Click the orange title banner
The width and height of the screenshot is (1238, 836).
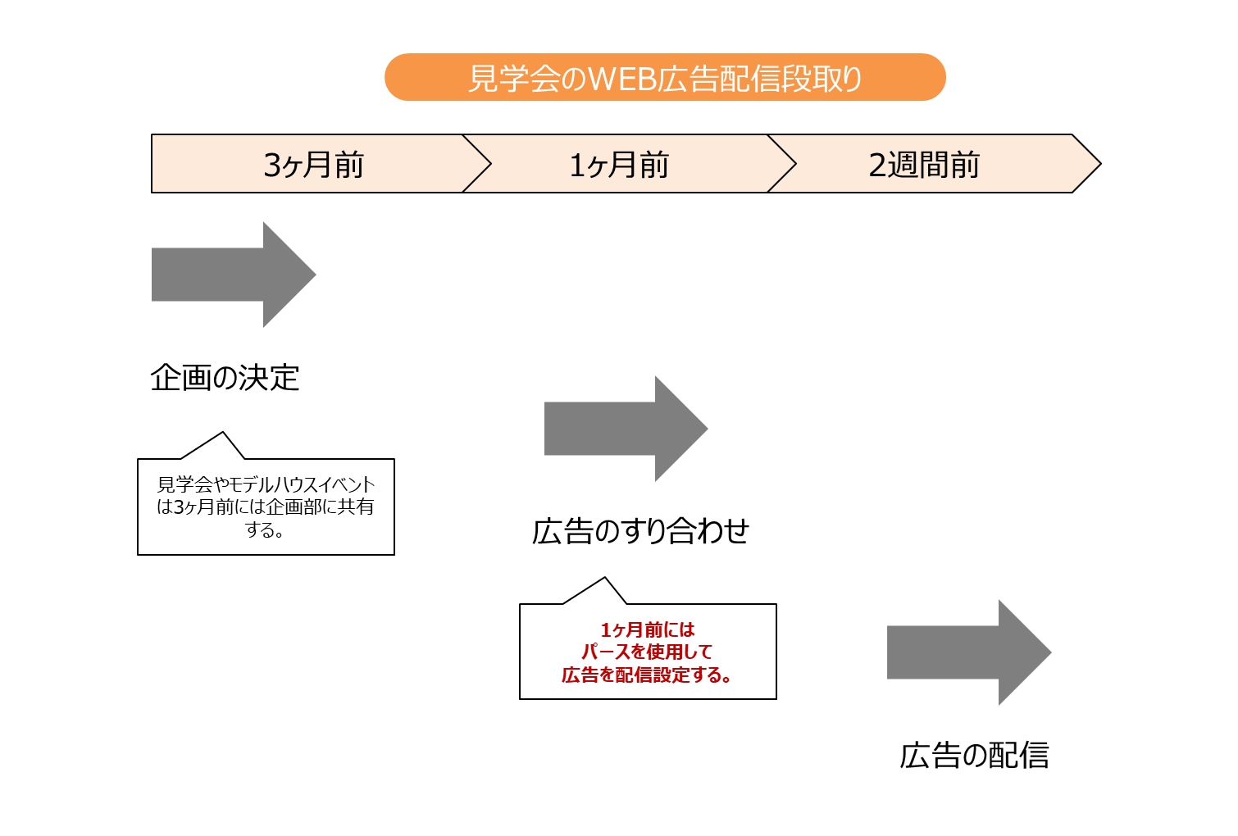click(665, 77)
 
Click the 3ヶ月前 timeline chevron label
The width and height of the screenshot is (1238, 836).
click(313, 165)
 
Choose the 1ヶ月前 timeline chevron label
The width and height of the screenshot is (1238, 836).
click(619, 165)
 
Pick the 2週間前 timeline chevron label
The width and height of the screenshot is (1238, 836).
click(924, 165)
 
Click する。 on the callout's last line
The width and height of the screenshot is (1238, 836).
click(265, 529)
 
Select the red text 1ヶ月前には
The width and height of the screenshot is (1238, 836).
click(648, 629)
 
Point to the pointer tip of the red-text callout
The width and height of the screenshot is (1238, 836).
click(604, 580)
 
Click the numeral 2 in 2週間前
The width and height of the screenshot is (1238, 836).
click(877, 166)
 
